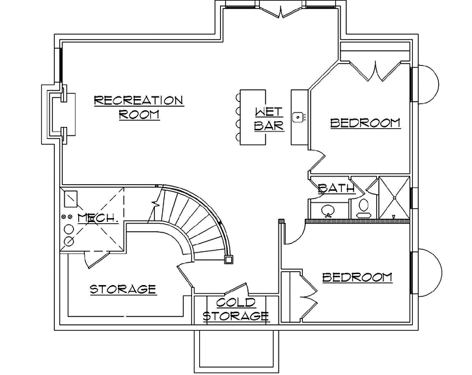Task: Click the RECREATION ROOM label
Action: (139, 107)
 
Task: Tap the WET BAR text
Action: (269, 118)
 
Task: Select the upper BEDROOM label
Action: (365, 122)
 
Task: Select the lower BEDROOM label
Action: (357, 277)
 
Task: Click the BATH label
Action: (336, 189)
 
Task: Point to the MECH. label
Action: (98, 217)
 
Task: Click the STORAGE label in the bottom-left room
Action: (122, 289)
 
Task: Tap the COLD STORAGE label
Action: (236, 310)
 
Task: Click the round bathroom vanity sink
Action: (327, 211)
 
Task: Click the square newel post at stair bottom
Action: (229, 259)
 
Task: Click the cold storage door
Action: (235, 290)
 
